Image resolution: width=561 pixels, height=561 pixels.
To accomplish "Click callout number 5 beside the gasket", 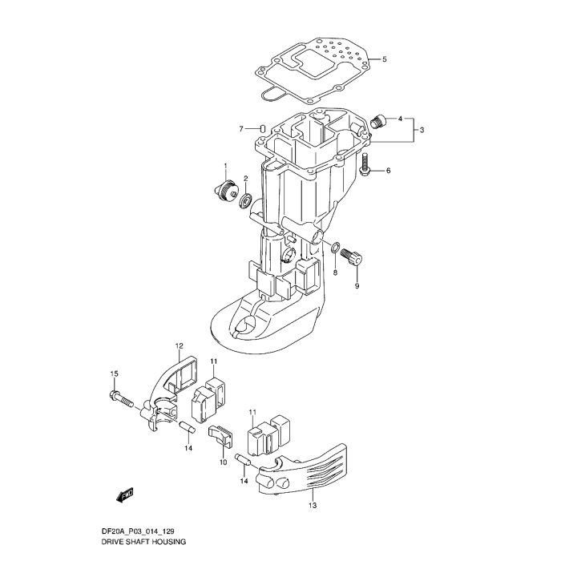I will [x=384, y=59].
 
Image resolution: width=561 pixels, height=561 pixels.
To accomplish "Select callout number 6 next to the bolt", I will [x=389, y=171].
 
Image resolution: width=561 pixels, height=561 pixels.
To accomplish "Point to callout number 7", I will [x=240, y=129].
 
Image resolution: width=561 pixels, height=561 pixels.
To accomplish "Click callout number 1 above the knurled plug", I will [x=225, y=166].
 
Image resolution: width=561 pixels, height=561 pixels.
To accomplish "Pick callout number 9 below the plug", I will [x=357, y=286].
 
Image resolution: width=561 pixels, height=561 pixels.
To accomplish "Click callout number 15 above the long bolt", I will [x=115, y=374].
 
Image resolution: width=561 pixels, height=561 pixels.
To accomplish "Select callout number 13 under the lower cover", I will [x=313, y=505].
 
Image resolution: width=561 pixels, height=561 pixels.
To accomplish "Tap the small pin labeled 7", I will [x=261, y=128].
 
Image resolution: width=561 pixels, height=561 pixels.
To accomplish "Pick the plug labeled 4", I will [x=380, y=120].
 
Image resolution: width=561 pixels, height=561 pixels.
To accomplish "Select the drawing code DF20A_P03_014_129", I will [x=135, y=531].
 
